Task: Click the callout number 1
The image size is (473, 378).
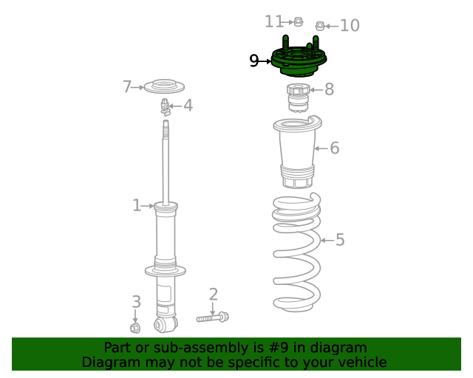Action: pos(136,205)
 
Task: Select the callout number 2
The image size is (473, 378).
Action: pos(213,295)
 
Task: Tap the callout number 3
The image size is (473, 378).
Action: pos(136,301)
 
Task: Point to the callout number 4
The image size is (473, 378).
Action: pos(188,106)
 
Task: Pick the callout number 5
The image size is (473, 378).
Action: pos(339,240)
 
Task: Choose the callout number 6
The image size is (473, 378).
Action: pos(334,148)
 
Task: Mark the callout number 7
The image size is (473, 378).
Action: pos(127,87)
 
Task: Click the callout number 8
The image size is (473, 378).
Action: pos(329,90)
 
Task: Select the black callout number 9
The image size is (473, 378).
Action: pos(254,61)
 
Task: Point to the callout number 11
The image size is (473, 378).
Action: pos(273,21)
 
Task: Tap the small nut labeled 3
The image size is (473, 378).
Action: pos(135,327)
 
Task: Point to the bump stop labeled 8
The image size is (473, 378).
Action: pos(298,96)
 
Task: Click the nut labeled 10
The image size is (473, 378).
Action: pos(320,27)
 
